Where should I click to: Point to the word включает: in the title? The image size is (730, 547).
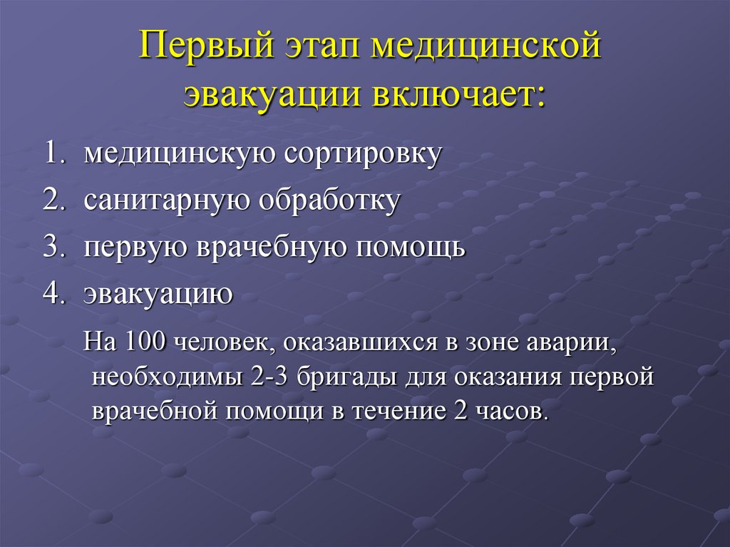coord(456,96)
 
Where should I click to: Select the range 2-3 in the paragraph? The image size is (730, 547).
coord(270,377)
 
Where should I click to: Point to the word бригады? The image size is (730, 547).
coord(346,377)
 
